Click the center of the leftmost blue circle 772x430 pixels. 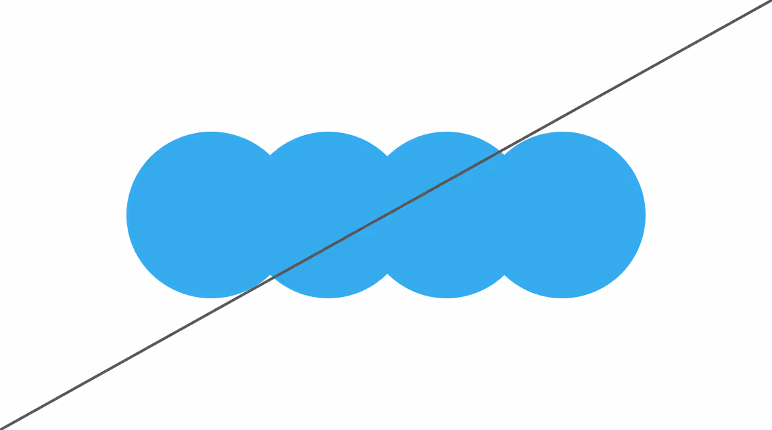[210, 215]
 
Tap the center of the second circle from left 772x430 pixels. [327, 215]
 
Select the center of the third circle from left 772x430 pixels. [445, 215]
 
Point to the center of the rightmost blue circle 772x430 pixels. [562, 215]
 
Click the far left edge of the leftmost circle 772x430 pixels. [126, 215]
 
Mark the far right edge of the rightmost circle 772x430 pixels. [646, 215]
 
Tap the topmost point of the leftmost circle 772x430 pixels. [210, 132]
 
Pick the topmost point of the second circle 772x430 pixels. [327, 132]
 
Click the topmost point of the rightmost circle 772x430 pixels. [562, 132]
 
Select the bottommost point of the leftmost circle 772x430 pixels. [210, 298]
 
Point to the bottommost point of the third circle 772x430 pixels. [445, 298]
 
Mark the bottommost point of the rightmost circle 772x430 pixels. [562, 298]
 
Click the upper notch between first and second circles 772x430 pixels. [269, 155]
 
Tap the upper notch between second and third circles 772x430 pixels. [386, 155]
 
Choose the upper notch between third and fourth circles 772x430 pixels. [503, 155]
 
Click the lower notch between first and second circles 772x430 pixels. [269, 275]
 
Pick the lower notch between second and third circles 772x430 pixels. [386, 275]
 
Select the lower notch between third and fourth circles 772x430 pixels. [503, 275]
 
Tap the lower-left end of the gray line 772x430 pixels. [2, 428]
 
